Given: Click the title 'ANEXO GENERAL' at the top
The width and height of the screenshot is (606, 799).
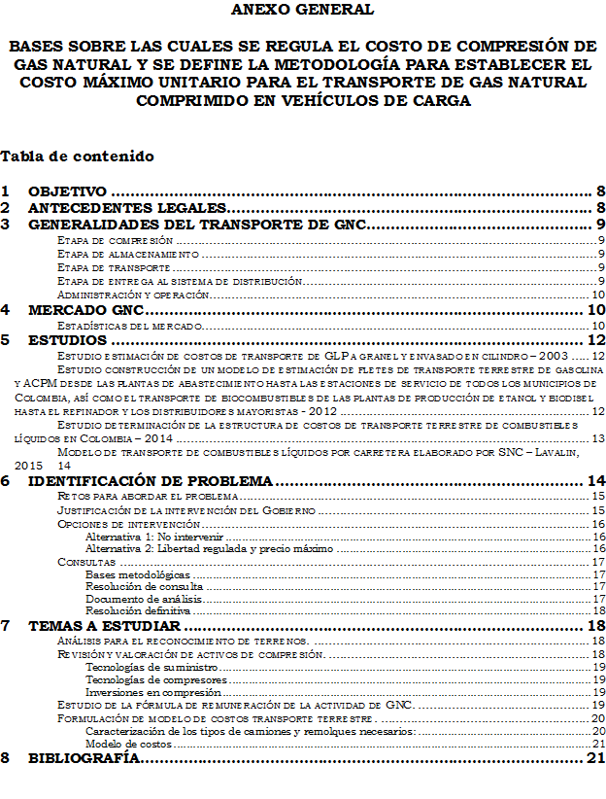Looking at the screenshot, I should click(x=301, y=10).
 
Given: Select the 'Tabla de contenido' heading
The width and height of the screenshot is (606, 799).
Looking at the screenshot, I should click(x=77, y=156).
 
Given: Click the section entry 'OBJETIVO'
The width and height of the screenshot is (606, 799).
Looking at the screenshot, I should click(x=67, y=191).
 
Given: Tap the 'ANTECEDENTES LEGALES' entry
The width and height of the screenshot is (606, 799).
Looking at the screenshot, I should click(x=126, y=208).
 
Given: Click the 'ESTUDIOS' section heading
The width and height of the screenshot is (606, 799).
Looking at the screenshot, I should click(x=67, y=340).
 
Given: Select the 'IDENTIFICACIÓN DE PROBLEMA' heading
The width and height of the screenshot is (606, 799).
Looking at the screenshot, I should click(x=151, y=481).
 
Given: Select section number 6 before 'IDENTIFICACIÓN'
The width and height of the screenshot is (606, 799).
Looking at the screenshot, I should click(x=6, y=481).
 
